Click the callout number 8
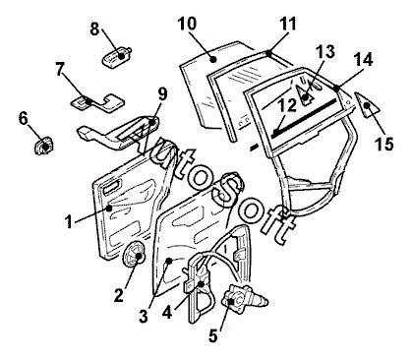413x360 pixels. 94,30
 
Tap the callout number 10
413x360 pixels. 187,24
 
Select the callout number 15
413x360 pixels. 384,144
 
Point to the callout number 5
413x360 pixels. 213,336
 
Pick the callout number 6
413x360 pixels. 23,118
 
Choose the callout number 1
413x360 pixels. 69,222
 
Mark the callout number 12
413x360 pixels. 288,105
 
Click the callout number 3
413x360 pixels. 144,317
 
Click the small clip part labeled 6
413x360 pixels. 43,146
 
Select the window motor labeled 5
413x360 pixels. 244,296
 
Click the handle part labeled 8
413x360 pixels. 116,56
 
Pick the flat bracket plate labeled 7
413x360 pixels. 97,102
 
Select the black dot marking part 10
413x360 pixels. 213,59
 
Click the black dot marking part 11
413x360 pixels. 269,52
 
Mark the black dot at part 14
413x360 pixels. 337,88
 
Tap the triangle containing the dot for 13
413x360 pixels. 304,95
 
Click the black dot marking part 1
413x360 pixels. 110,208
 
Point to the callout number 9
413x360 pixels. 162,94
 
